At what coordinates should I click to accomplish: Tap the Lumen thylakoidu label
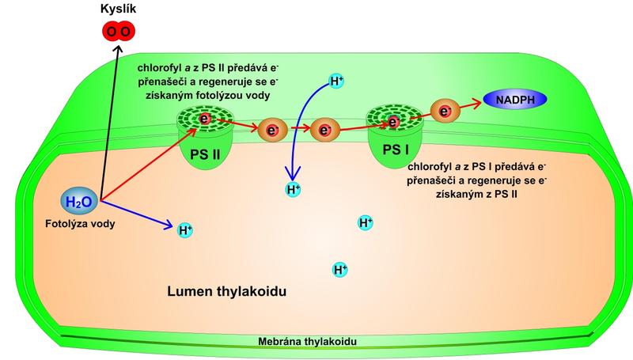tap(226, 291)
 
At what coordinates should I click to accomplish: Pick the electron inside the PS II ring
tap(205, 119)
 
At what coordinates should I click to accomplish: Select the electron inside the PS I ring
tap(393, 121)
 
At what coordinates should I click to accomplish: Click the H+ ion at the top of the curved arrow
tap(336, 81)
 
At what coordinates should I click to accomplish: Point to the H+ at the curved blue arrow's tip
tap(293, 189)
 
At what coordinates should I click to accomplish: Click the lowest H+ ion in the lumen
tap(341, 270)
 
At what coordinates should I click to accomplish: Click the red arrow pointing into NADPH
tap(468, 104)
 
